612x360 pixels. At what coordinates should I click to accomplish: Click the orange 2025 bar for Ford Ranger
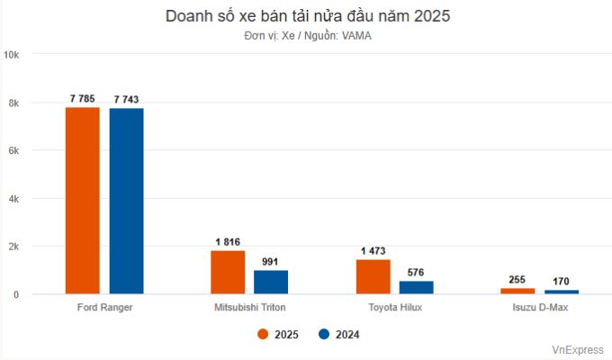[83, 201]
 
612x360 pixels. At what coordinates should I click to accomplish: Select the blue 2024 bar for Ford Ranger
[126, 202]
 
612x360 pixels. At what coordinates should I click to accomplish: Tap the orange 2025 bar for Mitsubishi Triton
[228, 272]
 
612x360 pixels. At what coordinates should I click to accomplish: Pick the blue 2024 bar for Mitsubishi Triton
[270, 282]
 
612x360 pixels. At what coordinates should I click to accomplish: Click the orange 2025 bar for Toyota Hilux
[373, 276]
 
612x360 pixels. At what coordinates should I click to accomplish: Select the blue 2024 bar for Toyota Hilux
[416, 287]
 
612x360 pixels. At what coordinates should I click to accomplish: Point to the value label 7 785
[82, 98]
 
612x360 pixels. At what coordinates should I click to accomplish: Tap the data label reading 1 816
[228, 241]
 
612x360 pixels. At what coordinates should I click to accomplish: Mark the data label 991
[271, 261]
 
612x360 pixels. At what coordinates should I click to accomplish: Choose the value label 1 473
[373, 249]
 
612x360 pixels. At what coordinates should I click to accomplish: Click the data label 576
[416, 272]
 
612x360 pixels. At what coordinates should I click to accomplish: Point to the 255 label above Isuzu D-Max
[517, 279]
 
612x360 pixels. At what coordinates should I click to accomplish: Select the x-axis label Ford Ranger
[104, 308]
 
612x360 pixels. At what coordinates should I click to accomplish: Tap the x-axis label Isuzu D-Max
[539, 308]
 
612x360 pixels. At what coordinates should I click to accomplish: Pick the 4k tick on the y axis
[15, 198]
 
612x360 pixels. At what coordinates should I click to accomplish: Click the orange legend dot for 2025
[264, 334]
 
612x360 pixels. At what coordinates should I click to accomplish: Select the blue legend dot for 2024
[324, 334]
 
